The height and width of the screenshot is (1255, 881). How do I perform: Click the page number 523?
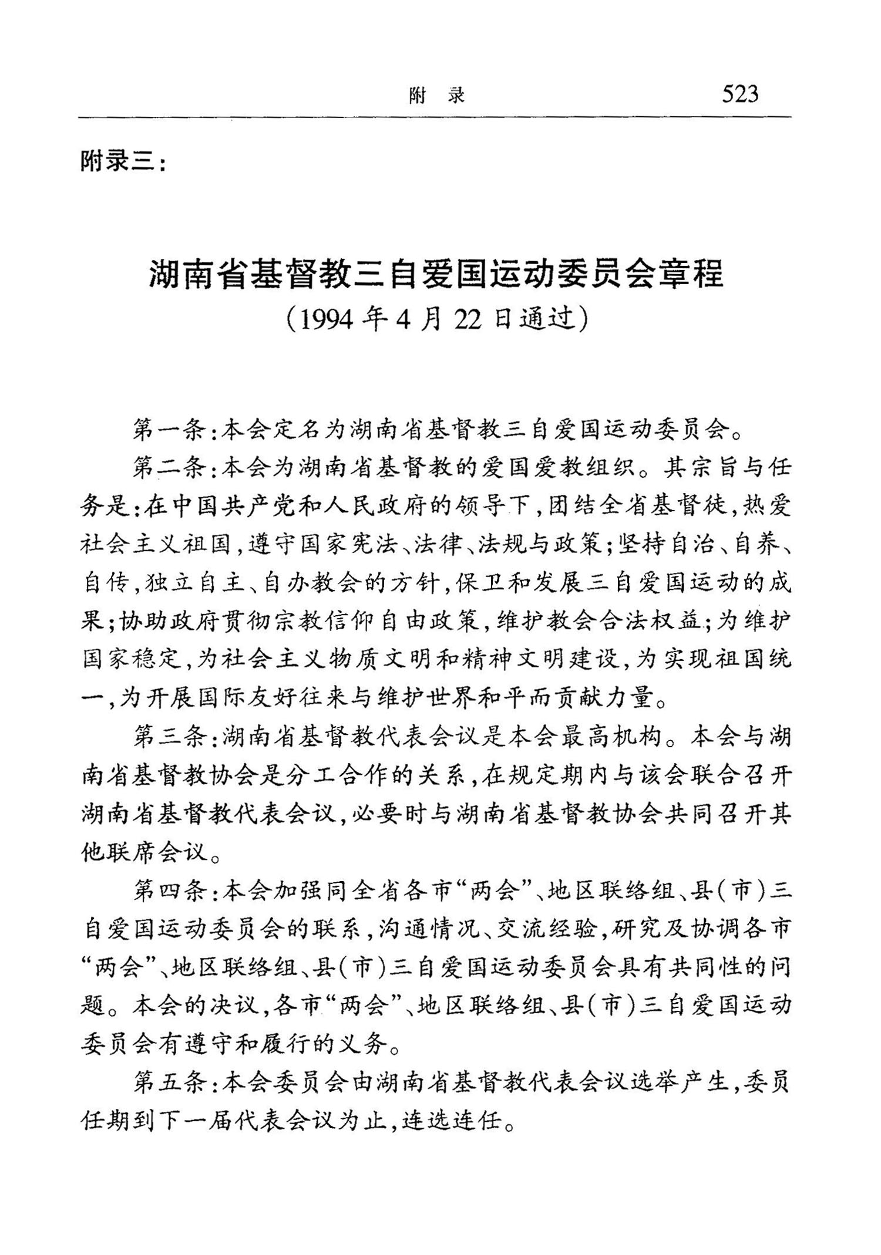740,94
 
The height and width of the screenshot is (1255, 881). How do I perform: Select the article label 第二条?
171,468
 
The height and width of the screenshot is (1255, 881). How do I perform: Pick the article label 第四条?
171,892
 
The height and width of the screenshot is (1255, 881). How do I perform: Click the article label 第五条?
171,1084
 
